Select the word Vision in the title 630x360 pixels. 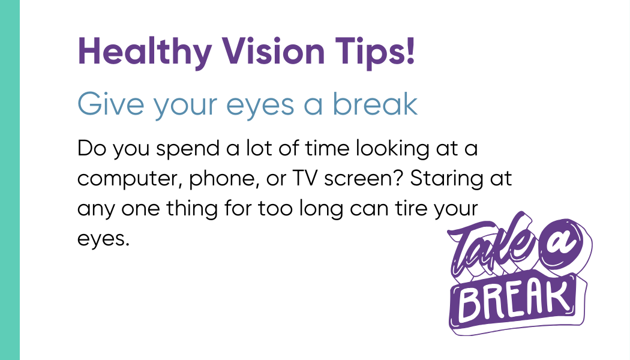click(274, 51)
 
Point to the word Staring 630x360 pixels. click(446, 179)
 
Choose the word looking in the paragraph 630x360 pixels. click(392, 149)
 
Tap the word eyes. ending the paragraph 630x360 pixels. click(103, 239)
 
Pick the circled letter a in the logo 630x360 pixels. click(561, 244)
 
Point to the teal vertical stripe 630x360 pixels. click(10, 180)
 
